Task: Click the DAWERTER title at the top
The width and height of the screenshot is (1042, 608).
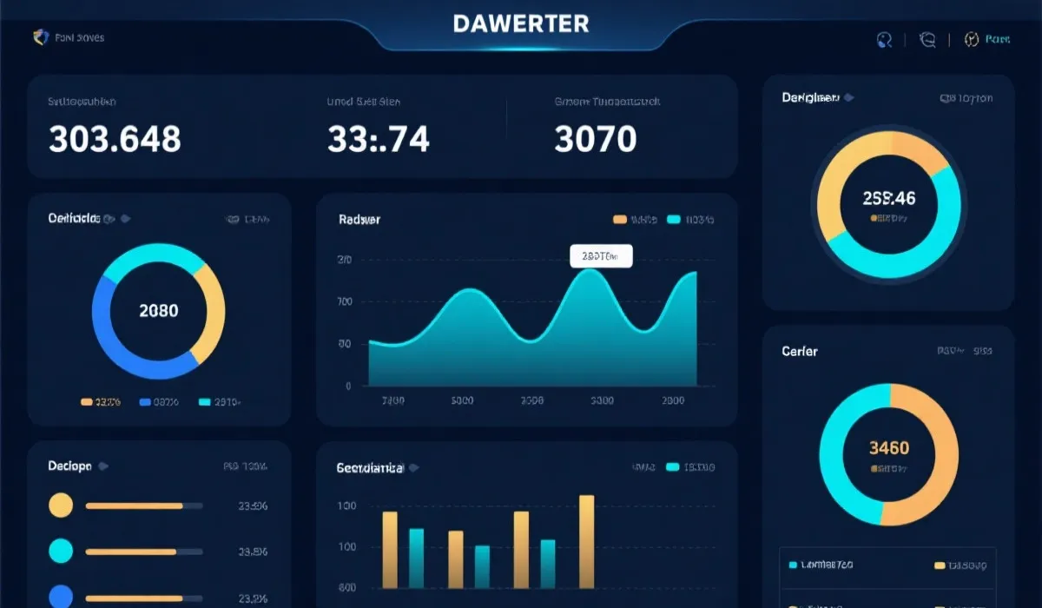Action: click(x=521, y=23)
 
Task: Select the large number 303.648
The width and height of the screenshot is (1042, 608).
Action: click(x=115, y=139)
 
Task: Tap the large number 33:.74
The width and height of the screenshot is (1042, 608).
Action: click(x=378, y=139)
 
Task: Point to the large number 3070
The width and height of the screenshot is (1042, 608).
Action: click(x=595, y=139)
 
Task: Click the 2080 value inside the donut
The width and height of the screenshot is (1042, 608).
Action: click(x=158, y=310)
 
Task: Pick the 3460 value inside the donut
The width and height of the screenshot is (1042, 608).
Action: click(x=888, y=448)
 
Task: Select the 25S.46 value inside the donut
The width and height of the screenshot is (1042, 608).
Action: click(x=888, y=198)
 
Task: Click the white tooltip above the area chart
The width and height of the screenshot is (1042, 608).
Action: click(x=601, y=255)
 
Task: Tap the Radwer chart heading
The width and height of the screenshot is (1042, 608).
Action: click(x=359, y=220)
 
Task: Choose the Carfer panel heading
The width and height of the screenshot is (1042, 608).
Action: click(x=799, y=351)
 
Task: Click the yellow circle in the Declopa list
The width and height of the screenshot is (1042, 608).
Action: click(x=61, y=505)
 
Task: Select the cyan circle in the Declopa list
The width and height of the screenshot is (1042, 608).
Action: click(x=61, y=550)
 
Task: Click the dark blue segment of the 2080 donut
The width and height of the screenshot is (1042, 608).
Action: click(x=109, y=334)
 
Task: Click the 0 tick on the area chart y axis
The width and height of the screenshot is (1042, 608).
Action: click(x=347, y=386)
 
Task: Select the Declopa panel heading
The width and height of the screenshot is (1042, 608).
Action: click(x=69, y=466)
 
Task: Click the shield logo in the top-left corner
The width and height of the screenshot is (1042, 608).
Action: click(x=39, y=37)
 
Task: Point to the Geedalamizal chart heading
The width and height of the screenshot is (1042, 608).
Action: click(x=370, y=467)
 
